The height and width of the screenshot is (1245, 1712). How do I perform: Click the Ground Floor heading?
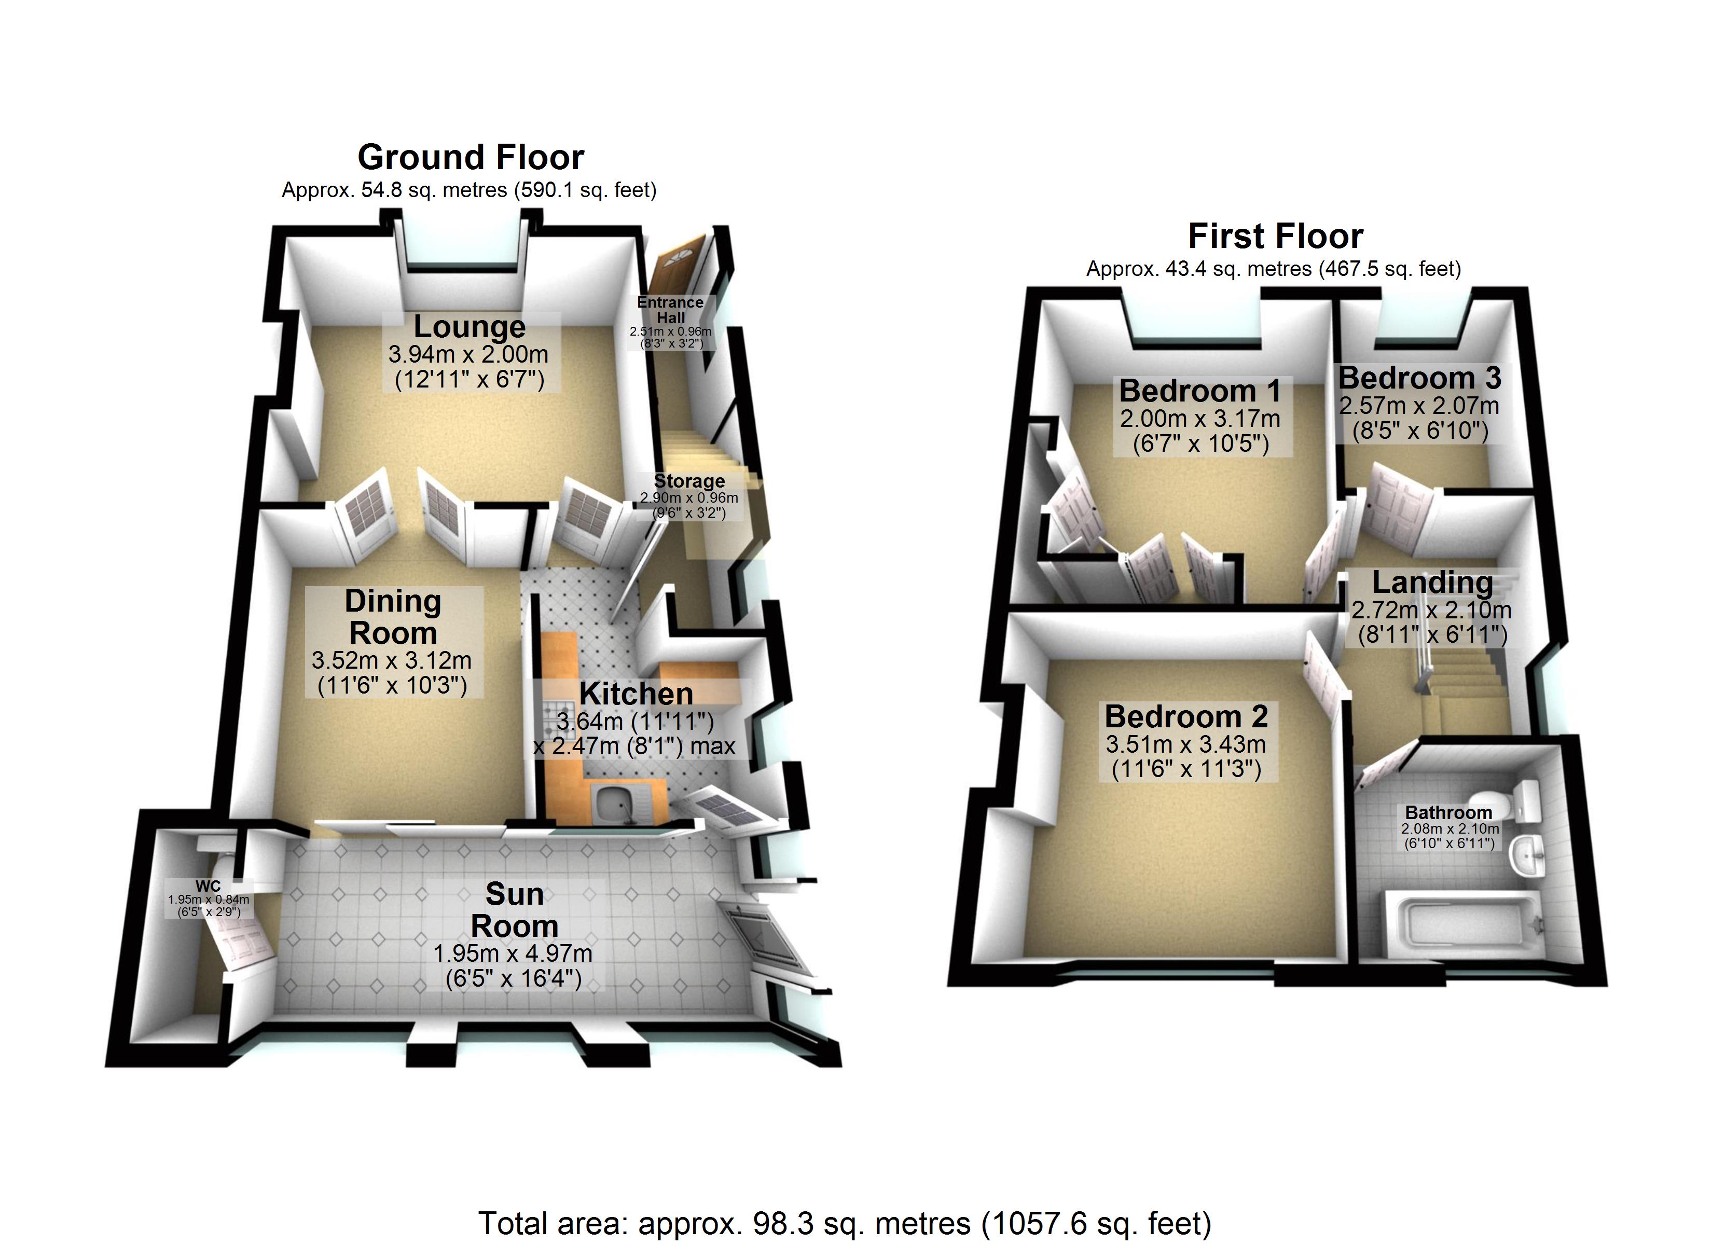(x=470, y=157)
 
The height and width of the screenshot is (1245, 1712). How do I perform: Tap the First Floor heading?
(x=1275, y=237)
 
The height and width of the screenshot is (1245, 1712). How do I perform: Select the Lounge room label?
(x=470, y=327)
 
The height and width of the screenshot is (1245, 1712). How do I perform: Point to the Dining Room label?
(x=393, y=617)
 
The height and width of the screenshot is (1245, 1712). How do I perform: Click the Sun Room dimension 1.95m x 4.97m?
(x=513, y=953)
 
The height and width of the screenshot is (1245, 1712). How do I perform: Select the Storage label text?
(x=688, y=481)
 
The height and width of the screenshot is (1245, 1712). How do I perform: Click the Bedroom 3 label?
(x=1419, y=378)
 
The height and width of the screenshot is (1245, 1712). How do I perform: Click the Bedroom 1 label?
(x=1200, y=391)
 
